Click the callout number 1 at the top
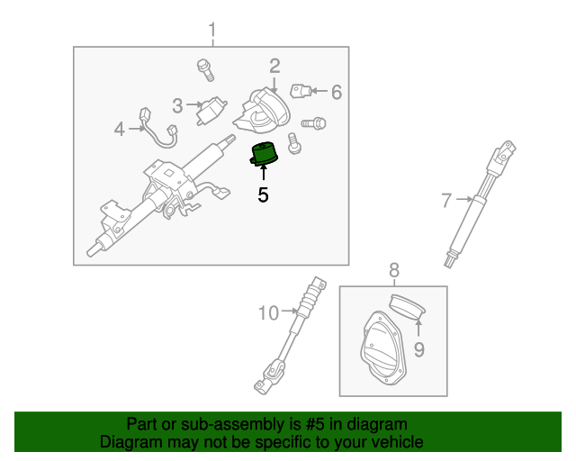click(x=212, y=32)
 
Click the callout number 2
click(x=274, y=65)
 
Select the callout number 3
click(x=177, y=105)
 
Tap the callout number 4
click(x=119, y=129)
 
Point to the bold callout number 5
click(x=263, y=193)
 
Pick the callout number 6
click(x=337, y=91)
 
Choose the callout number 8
click(x=393, y=268)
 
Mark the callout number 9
click(x=418, y=348)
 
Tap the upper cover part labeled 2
click(x=264, y=108)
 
